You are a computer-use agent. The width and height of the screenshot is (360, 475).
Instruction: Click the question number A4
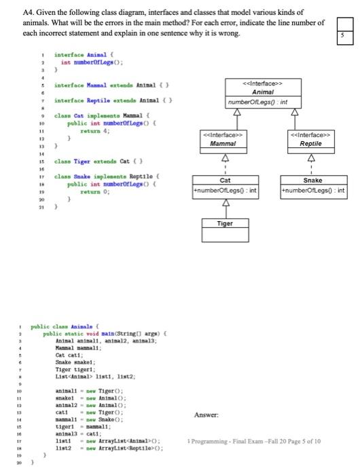coord(29,13)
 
